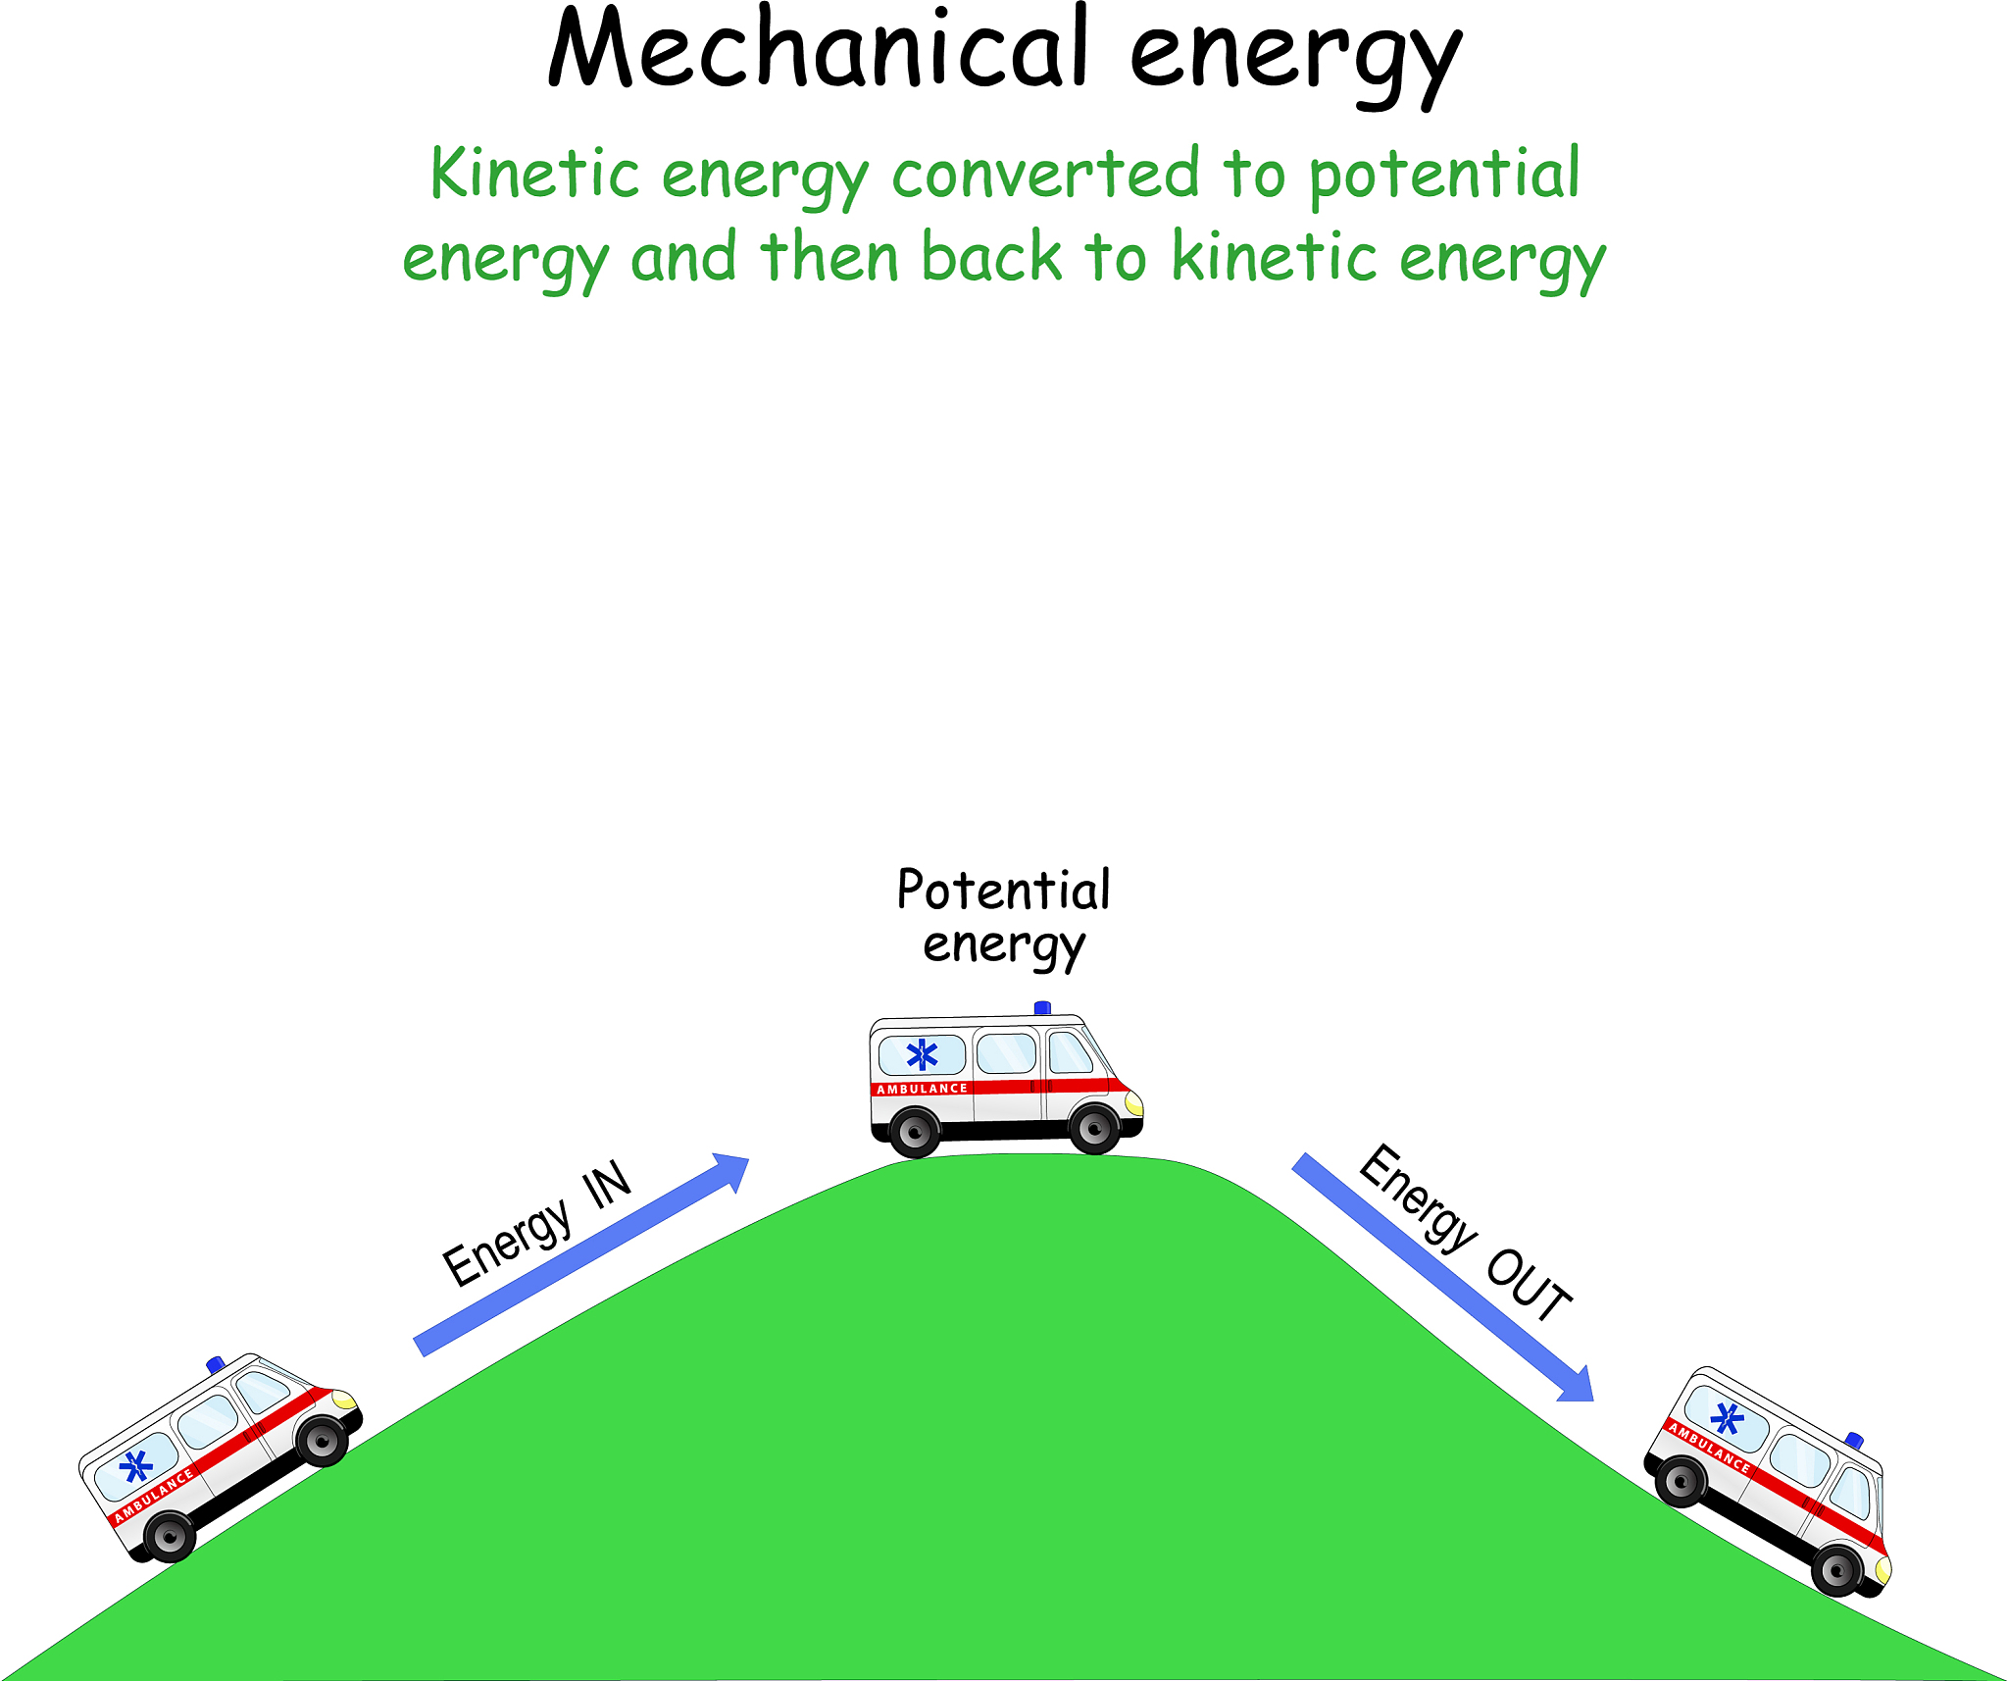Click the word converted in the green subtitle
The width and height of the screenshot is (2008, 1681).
1045,175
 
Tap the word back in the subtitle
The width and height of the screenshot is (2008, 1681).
991,258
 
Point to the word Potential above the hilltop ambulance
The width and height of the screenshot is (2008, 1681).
1003,891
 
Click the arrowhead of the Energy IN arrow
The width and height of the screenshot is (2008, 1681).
733,1170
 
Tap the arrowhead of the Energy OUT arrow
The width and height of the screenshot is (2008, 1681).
1577,1385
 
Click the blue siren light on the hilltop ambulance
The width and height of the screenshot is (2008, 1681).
1042,1007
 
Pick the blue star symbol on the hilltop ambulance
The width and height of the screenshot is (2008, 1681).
922,1054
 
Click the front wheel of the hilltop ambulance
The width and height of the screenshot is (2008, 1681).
1094,1129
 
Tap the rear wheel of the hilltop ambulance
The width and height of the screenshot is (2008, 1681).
915,1132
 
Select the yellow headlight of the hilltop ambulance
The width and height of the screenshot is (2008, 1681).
1134,1104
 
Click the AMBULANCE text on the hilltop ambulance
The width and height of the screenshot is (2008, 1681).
922,1089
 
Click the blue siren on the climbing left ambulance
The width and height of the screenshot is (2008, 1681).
216,1364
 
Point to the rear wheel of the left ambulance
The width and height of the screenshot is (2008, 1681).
170,1536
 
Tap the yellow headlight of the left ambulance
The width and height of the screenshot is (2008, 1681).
344,1400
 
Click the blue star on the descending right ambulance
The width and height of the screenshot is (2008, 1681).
1727,1418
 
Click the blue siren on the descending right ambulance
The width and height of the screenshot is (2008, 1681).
1854,1440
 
